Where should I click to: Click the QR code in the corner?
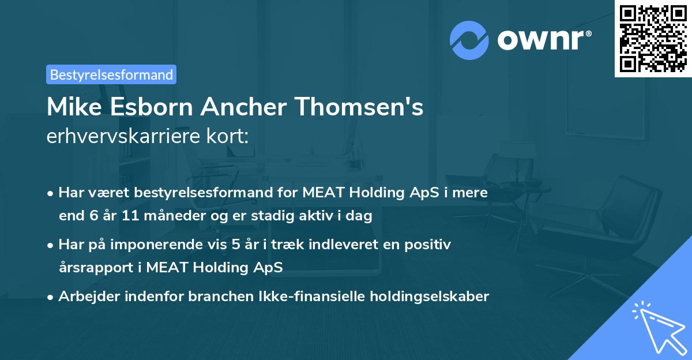click(653, 38)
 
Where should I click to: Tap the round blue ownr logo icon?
click(469, 40)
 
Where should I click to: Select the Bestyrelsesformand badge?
click(111, 74)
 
